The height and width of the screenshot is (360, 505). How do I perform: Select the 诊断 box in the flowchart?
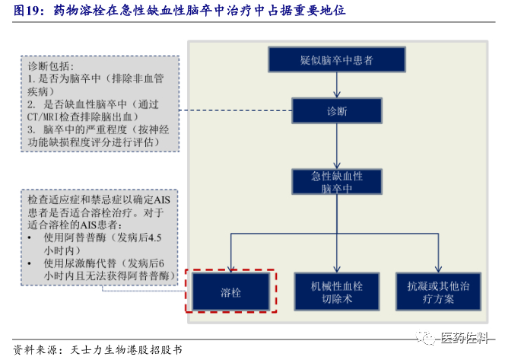click(337, 111)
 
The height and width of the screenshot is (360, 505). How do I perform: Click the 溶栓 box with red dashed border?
click(230, 291)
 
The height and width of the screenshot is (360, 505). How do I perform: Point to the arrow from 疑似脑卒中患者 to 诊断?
click(337, 84)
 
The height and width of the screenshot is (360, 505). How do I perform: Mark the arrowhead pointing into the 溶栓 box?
click(230, 268)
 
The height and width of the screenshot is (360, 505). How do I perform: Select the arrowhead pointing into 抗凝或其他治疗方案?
click(438, 269)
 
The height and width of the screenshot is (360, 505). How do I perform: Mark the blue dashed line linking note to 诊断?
click(236, 111)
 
